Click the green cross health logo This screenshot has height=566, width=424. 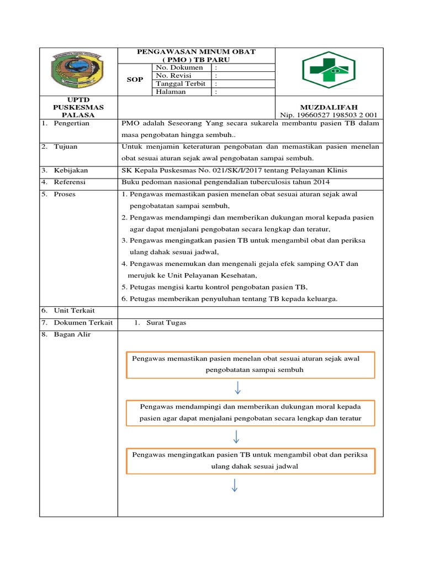[328, 70]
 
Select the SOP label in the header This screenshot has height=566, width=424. [135, 80]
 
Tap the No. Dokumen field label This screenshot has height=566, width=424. [179, 67]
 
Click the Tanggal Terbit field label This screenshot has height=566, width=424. [181, 84]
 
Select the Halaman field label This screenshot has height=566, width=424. [171, 92]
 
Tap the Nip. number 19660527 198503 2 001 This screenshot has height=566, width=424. [328, 115]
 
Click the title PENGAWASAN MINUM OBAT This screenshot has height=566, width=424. [196, 52]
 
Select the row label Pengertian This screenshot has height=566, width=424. [71, 124]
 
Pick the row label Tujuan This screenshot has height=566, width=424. [66, 146]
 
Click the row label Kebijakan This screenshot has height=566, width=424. [71, 170]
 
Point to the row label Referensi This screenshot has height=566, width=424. [71, 182]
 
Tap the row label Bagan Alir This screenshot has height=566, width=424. [72, 335]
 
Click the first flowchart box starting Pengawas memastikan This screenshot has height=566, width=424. [251, 364]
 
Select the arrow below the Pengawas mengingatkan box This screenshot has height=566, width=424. [236, 485]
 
